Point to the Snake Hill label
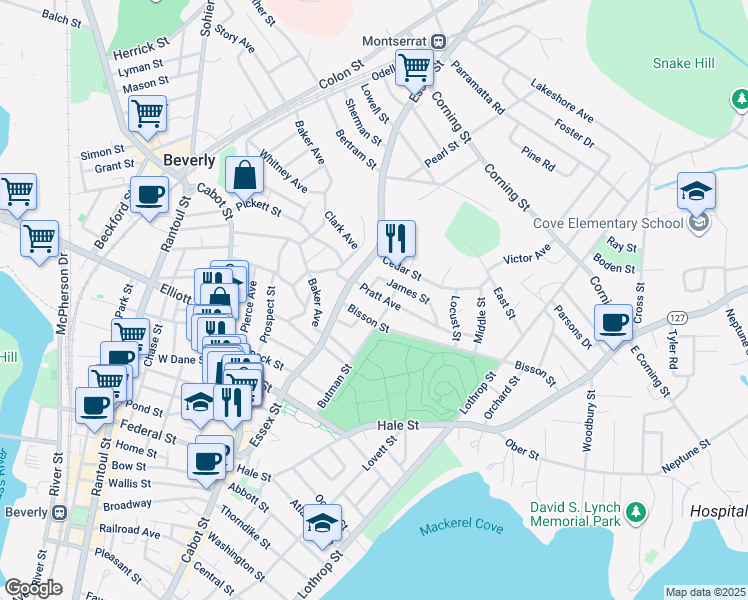point(683,63)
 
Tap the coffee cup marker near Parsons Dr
point(613,322)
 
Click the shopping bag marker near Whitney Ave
point(245,175)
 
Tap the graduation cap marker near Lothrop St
point(323,522)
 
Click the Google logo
point(33,587)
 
